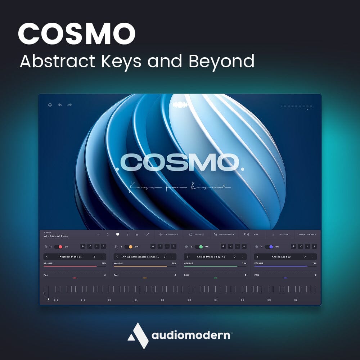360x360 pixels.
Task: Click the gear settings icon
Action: pos(50,105)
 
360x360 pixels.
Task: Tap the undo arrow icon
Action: pos(60,105)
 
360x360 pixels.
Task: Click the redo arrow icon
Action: pos(69,105)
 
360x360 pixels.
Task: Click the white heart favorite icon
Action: pos(117,234)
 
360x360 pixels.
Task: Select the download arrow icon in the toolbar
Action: pos(137,234)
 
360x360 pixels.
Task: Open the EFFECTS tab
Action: pos(199,234)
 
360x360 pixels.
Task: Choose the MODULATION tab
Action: pos(226,234)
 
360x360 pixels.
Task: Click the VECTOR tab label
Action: pos(284,234)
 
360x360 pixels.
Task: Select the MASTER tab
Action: pos(311,234)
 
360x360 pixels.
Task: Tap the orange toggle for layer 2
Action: pos(130,247)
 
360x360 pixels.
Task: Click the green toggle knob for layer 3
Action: pos(200,247)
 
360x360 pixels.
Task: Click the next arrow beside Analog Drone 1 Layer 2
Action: pos(235,257)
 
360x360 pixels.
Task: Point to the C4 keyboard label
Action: pos(216,300)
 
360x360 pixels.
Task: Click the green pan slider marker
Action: pos(215,278)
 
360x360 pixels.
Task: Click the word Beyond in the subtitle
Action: pos(221,61)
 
